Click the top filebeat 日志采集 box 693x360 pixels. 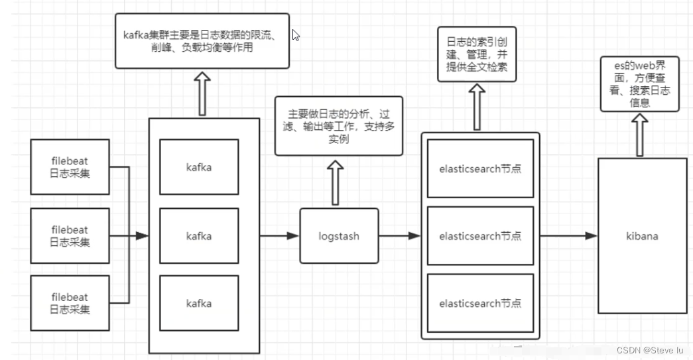[x=70, y=167]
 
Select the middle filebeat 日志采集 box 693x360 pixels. [x=70, y=235]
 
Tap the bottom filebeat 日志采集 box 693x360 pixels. [x=70, y=304]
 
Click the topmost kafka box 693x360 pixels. [x=199, y=167]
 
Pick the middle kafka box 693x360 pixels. [x=199, y=236]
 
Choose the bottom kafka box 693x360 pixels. [x=199, y=304]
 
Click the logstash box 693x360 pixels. [x=339, y=236]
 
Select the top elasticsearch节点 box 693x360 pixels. [x=480, y=168]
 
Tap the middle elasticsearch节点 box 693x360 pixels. [x=480, y=236]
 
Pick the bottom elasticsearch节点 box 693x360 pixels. [x=480, y=304]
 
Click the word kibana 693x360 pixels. [x=641, y=236]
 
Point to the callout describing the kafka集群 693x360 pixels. [x=202, y=40]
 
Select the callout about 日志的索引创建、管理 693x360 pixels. [x=476, y=54]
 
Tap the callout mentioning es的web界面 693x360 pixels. [x=639, y=84]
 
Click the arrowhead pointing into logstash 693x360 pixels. [x=293, y=236]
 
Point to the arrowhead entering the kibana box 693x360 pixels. [x=592, y=236]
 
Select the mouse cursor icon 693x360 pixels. [x=296, y=35]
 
